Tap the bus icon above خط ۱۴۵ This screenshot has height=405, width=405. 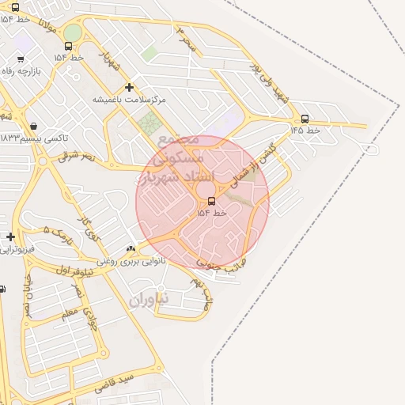(x=305, y=119)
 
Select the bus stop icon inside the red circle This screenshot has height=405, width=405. (x=211, y=201)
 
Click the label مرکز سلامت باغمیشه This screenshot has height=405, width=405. (x=129, y=100)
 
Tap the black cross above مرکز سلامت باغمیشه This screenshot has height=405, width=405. (x=129, y=87)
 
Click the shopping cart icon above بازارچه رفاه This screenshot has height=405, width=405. (x=21, y=59)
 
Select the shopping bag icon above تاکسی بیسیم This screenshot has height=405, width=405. (x=33, y=126)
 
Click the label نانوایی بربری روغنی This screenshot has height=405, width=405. (x=131, y=260)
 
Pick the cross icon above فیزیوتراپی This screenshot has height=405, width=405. (x=10, y=237)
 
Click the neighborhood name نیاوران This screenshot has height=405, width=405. (x=148, y=300)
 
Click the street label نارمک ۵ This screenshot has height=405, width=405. (x=57, y=234)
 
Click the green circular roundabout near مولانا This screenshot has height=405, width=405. (x=72, y=32)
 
